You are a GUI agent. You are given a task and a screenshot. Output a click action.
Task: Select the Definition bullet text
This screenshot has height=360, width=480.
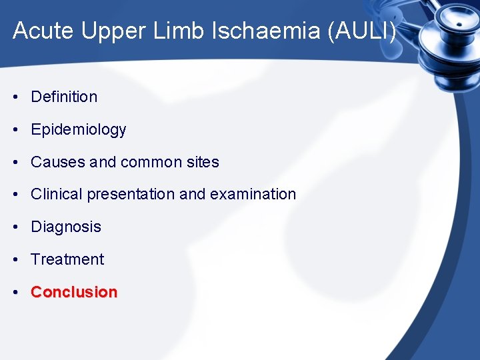[64, 97]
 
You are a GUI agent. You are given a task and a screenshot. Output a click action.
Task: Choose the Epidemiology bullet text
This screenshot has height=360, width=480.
[78, 129]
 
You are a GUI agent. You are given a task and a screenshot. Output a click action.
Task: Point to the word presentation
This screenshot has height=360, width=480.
[130, 195]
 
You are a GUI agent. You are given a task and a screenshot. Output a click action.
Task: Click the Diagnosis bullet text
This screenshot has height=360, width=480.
[66, 227]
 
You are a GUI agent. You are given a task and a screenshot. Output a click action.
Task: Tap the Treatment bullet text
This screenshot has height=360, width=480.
[67, 259]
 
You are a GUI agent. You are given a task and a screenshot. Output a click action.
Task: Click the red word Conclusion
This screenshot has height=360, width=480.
[74, 292]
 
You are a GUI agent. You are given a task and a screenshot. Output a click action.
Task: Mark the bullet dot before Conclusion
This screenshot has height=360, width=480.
[15, 293]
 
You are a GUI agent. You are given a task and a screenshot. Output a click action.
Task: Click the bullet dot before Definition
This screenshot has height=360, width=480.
[15, 97]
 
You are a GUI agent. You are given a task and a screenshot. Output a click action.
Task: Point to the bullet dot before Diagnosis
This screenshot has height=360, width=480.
[15, 227]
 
